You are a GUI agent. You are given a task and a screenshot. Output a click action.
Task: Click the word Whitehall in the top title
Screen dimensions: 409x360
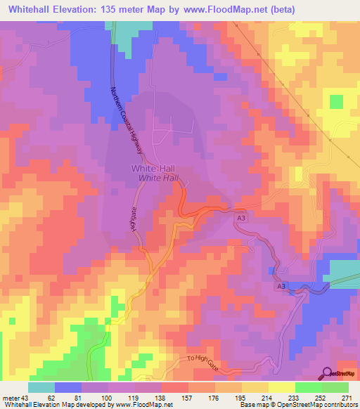coord(34,9)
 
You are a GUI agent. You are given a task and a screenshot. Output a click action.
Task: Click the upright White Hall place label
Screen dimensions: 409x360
coord(153,169)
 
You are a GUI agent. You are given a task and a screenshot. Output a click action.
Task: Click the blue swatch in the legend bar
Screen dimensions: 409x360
coord(67,388)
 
